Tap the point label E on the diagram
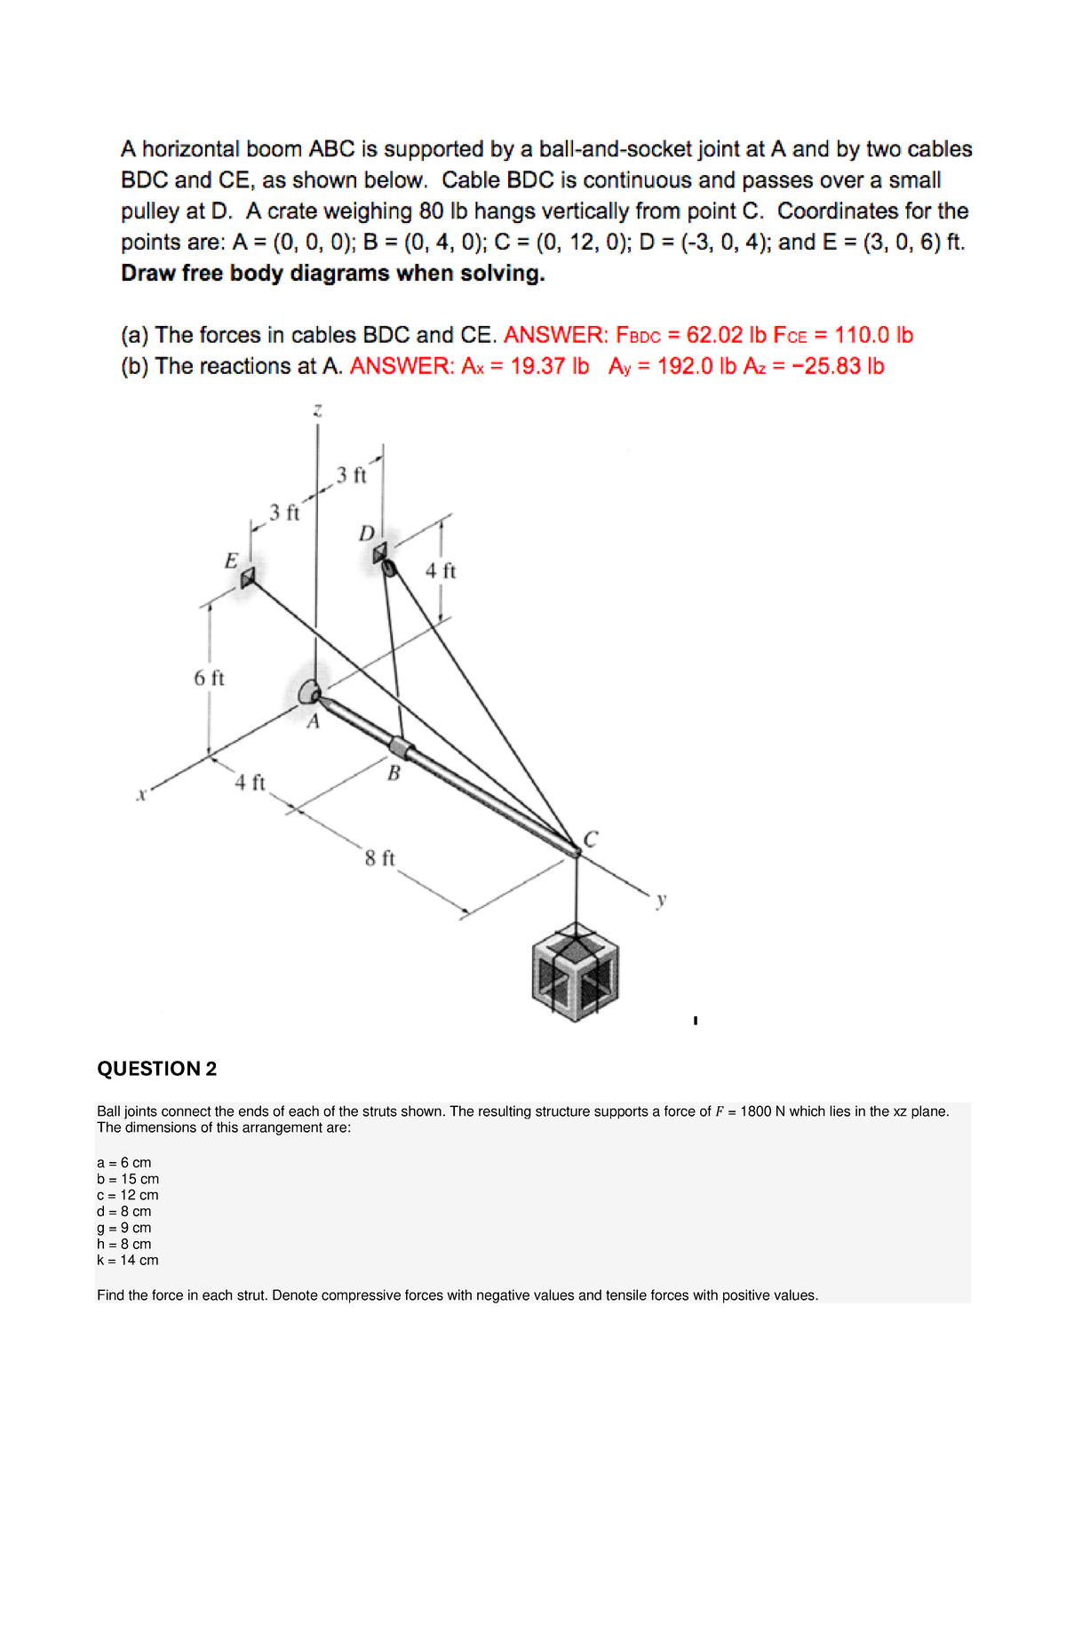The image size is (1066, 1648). (231, 561)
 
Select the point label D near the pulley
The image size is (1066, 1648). (366, 533)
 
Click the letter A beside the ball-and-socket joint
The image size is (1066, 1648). (313, 722)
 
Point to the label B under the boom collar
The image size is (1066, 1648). (394, 774)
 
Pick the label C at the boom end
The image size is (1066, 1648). (591, 838)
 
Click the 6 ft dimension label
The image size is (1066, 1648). (209, 678)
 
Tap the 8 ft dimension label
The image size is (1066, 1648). (379, 858)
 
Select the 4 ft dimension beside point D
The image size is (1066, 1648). (440, 571)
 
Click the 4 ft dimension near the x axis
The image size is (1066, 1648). (250, 783)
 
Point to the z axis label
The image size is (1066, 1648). (317, 410)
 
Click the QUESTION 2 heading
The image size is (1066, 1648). (156, 1069)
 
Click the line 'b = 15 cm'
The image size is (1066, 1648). (128, 1179)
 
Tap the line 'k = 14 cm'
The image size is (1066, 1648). (128, 1260)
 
